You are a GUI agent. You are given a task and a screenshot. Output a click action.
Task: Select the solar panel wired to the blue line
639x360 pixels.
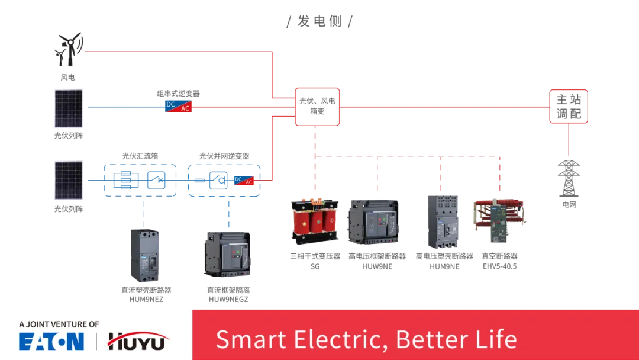click(x=68, y=107)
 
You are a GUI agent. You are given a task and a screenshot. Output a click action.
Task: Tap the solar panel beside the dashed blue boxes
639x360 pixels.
click(x=68, y=176)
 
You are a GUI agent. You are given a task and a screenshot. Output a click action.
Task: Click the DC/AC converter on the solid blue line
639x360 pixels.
click(x=177, y=107)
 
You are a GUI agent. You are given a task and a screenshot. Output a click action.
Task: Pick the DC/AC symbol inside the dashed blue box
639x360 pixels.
click(x=244, y=180)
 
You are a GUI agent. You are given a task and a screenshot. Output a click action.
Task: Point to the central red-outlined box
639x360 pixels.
click(x=317, y=107)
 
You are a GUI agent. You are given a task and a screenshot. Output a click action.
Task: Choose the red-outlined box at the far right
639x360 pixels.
click(x=569, y=107)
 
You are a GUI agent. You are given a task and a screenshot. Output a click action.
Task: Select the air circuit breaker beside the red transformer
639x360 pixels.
click(x=373, y=222)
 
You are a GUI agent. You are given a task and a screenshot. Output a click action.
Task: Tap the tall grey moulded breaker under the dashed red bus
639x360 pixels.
click(x=443, y=220)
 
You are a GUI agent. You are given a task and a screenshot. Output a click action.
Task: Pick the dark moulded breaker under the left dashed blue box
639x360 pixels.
click(x=144, y=254)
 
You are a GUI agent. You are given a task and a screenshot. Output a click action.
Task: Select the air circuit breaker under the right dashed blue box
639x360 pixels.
click(x=227, y=254)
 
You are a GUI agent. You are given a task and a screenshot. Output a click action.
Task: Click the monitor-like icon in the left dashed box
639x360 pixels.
click(x=125, y=179)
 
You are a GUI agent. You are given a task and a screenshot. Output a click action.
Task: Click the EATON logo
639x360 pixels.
click(x=51, y=342)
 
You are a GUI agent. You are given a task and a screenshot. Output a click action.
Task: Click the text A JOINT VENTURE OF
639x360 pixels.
click(x=59, y=324)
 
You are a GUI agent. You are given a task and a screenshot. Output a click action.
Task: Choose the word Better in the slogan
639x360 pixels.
click(x=427, y=339)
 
